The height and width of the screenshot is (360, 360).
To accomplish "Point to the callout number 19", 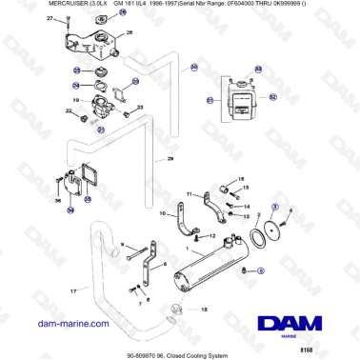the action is tap(75, 99).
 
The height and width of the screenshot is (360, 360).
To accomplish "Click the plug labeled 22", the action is tap(83, 118).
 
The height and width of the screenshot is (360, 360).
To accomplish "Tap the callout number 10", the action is tap(163, 213).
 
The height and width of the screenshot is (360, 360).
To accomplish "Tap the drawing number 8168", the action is tap(330, 350).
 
